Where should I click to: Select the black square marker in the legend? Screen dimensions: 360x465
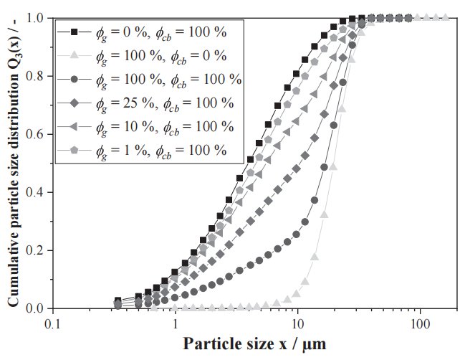coord(75,32)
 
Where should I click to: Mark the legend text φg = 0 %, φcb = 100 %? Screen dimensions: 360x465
coord(165,32)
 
